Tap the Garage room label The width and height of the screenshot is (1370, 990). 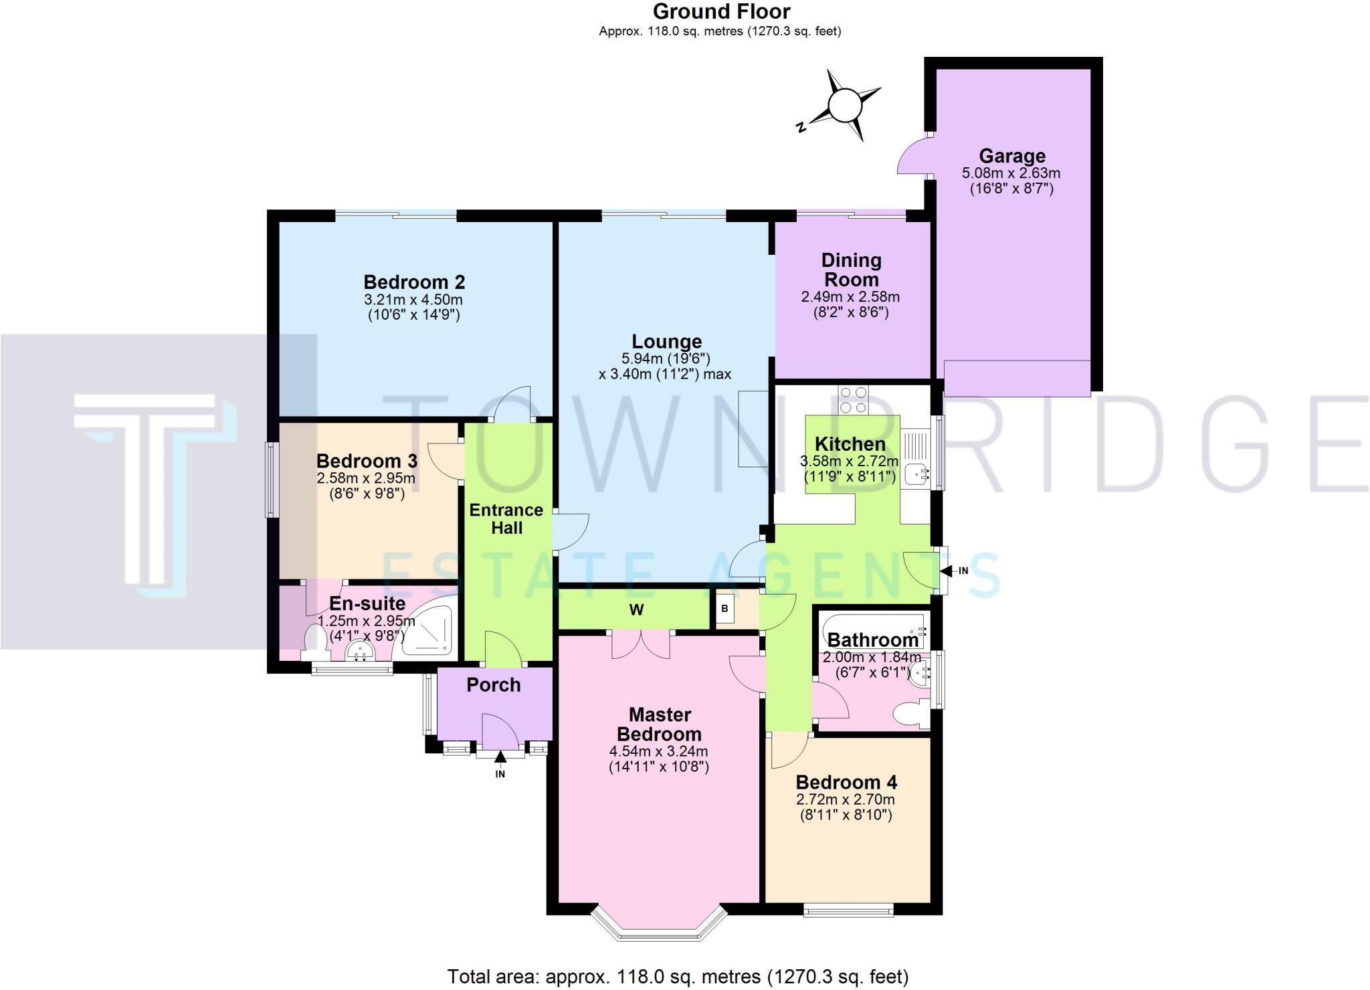point(1011,156)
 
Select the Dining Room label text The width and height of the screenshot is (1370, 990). point(851,270)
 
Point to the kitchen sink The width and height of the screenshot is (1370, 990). point(916,475)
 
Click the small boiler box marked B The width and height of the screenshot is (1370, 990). point(724,609)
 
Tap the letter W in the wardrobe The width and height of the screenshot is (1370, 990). point(636,609)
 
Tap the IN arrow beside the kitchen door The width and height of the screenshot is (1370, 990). point(949,571)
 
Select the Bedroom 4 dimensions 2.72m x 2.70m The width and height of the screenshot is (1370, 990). point(846,799)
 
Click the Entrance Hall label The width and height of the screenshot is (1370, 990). point(506,518)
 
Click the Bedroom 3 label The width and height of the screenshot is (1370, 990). point(367,461)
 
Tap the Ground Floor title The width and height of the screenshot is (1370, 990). point(721,11)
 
